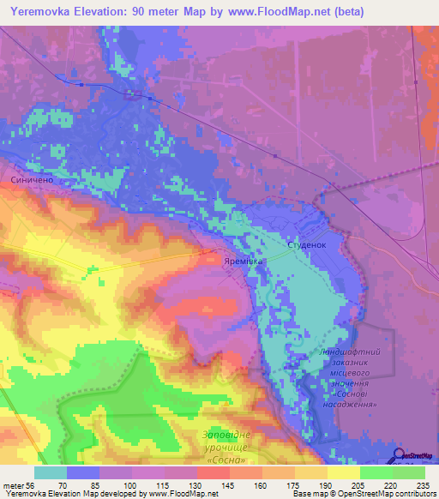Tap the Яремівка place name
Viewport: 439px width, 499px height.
(x=244, y=261)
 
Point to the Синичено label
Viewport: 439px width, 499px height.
(x=33, y=181)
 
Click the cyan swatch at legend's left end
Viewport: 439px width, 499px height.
(x=51, y=472)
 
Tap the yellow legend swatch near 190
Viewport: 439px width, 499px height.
(x=311, y=472)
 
